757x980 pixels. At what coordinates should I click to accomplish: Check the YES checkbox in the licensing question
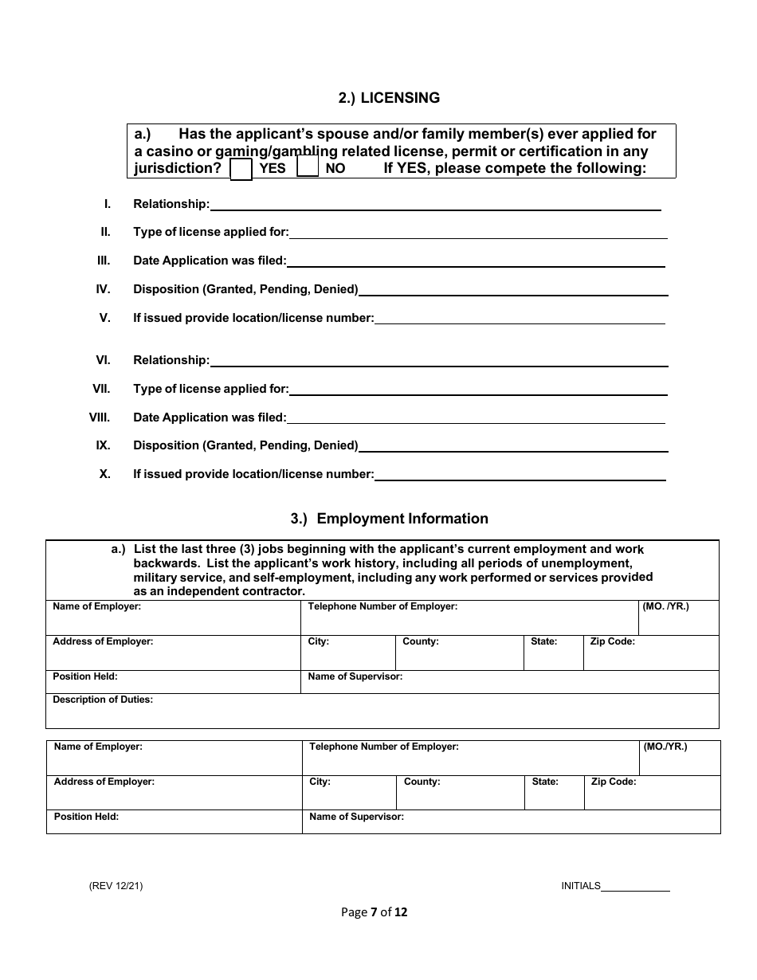(x=241, y=169)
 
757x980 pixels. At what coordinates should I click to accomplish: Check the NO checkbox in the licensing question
(x=308, y=167)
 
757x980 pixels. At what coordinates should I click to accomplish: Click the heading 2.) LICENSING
(x=389, y=98)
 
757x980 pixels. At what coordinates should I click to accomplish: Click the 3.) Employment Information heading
(x=389, y=519)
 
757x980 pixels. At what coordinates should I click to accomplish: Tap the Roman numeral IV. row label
(x=103, y=289)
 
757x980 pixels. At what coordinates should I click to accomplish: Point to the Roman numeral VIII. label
(x=100, y=417)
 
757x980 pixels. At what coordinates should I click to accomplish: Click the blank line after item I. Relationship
(x=435, y=206)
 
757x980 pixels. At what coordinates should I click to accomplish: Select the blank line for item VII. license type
(x=478, y=390)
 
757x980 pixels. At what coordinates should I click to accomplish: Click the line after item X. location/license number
(x=520, y=476)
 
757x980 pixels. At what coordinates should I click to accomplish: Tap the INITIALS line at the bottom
(x=635, y=887)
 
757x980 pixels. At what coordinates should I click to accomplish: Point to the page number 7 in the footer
(x=374, y=912)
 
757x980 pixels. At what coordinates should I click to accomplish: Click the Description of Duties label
(x=103, y=700)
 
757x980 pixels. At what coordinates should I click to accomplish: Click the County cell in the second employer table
(x=460, y=793)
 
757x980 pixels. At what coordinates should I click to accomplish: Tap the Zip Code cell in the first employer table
(x=651, y=653)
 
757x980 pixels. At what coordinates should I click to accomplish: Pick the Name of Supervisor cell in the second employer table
(x=511, y=821)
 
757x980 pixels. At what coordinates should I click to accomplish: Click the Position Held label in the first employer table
(x=85, y=676)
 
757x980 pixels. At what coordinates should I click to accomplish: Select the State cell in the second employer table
(x=555, y=793)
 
